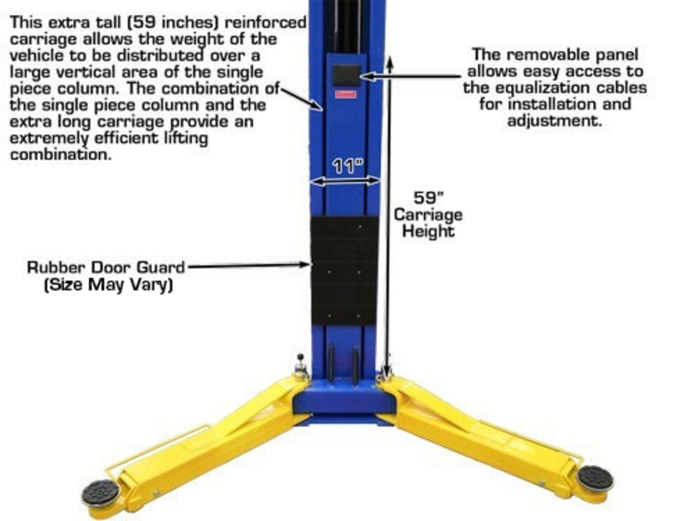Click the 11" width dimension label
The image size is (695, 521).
click(x=348, y=166)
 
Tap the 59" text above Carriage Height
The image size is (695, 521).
click(x=429, y=198)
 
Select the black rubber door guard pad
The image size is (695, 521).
click(x=344, y=271)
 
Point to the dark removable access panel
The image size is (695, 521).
click(x=347, y=75)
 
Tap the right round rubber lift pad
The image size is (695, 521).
click(x=594, y=478)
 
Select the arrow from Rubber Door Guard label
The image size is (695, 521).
click(x=248, y=265)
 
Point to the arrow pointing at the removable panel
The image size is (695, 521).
click(x=410, y=76)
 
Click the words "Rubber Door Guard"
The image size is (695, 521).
click(x=106, y=267)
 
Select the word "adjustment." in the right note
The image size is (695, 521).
click(x=555, y=121)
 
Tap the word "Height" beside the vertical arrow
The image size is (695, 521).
click(x=429, y=230)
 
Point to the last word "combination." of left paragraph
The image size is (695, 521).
click(x=61, y=155)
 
